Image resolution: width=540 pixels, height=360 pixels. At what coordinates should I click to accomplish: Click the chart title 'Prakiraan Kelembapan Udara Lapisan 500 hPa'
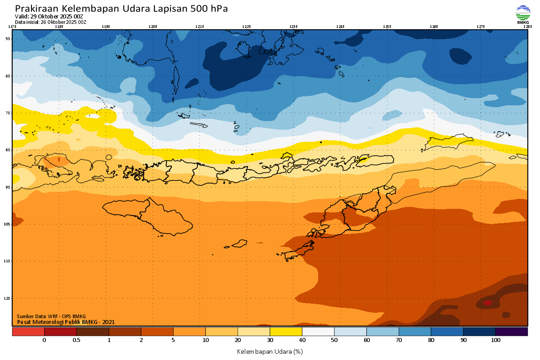click(121, 9)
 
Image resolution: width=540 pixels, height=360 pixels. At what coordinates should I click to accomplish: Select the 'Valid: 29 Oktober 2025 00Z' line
click(49, 17)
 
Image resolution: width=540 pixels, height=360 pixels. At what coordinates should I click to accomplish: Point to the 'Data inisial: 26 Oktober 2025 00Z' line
click(50, 22)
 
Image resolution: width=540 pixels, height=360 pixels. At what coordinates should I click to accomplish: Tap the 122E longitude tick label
click(246, 27)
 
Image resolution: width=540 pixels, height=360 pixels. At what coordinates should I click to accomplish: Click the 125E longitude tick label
click(387, 27)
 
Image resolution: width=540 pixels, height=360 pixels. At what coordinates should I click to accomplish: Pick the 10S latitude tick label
click(8, 224)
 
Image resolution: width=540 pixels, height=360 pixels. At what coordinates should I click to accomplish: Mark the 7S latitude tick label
click(8, 113)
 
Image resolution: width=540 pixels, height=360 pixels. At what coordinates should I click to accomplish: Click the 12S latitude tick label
click(8, 298)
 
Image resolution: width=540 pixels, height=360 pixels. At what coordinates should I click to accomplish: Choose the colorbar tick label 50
click(334, 340)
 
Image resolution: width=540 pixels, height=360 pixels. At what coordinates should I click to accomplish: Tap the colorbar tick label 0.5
click(76, 340)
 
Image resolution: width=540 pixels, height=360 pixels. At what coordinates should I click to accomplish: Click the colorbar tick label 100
click(495, 340)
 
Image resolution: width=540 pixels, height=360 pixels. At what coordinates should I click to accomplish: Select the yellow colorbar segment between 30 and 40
click(286, 332)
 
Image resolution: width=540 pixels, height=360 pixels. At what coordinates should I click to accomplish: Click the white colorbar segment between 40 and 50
click(318, 332)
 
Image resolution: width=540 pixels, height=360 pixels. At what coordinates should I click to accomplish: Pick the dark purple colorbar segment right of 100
click(512, 332)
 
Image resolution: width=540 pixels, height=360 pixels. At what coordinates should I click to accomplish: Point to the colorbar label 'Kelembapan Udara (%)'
click(270, 351)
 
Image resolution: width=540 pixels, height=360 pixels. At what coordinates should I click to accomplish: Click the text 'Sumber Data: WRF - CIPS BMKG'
click(51, 316)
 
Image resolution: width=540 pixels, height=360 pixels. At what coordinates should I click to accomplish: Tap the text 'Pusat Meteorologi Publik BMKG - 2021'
click(66, 322)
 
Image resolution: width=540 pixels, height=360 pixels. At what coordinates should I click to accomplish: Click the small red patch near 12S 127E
click(487, 303)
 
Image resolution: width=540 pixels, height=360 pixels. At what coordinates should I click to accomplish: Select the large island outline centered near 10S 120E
click(148, 216)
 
